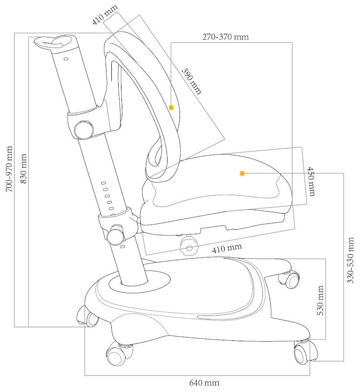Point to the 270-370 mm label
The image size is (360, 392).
coord(226,37)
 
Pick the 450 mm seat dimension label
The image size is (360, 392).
coord(311,181)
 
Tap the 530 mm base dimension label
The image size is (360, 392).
coord(320,300)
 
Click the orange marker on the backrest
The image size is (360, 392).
coord(171,108)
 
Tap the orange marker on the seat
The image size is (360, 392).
coord(242,174)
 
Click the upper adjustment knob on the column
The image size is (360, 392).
coord(84,129)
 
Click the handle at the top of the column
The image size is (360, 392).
coord(55,42)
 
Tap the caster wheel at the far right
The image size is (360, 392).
coord(304,352)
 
